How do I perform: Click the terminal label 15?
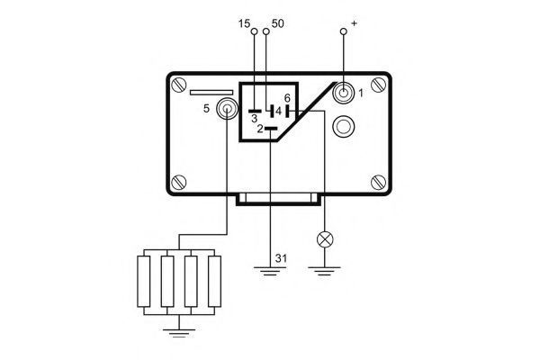click(x=244, y=23)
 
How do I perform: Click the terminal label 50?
click(x=277, y=23)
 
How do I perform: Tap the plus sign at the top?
click(x=354, y=23)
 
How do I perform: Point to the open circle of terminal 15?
click(x=255, y=31)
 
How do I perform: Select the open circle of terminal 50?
click(x=266, y=31)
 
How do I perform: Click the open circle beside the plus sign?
click(x=344, y=31)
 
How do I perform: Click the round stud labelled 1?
click(x=344, y=93)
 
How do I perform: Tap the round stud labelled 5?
click(x=227, y=109)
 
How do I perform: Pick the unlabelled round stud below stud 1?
click(x=344, y=126)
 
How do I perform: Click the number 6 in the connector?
click(x=287, y=98)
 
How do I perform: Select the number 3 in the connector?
click(x=254, y=119)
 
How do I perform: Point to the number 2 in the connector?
click(x=260, y=130)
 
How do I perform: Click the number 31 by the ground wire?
click(x=281, y=258)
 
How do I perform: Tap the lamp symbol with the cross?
click(x=325, y=239)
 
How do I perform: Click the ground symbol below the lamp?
click(x=324, y=271)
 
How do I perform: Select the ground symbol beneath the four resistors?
click(x=179, y=333)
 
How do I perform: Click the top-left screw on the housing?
click(x=179, y=85)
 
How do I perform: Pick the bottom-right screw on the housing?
click(x=378, y=182)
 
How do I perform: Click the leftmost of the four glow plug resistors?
click(x=144, y=281)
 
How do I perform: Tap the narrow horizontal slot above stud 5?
click(x=211, y=93)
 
